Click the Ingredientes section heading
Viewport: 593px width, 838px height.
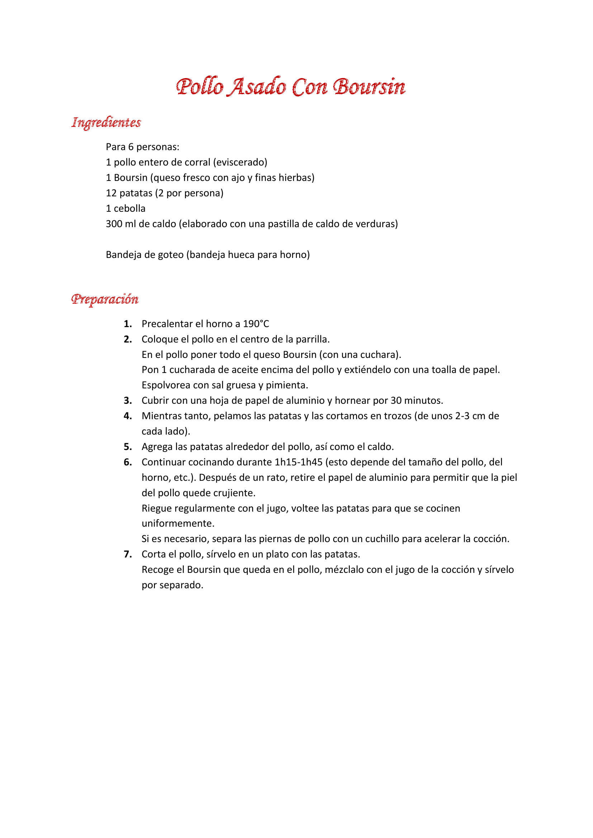coord(106,122)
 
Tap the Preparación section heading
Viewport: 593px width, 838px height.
coord(105,299)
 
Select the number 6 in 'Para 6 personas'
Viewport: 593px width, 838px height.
coord(131,147)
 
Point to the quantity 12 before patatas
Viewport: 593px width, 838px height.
coord(111,193)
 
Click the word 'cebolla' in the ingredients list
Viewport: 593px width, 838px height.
coord(130,209)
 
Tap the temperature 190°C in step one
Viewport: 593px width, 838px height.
coord(256,324)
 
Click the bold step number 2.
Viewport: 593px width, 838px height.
coord(127,339)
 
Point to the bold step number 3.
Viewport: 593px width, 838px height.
coord(127,401)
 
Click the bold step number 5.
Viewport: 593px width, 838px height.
coord(127,447)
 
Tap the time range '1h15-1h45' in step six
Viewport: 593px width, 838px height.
coord(298,463)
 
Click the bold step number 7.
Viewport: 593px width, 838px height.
coord(127,554)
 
